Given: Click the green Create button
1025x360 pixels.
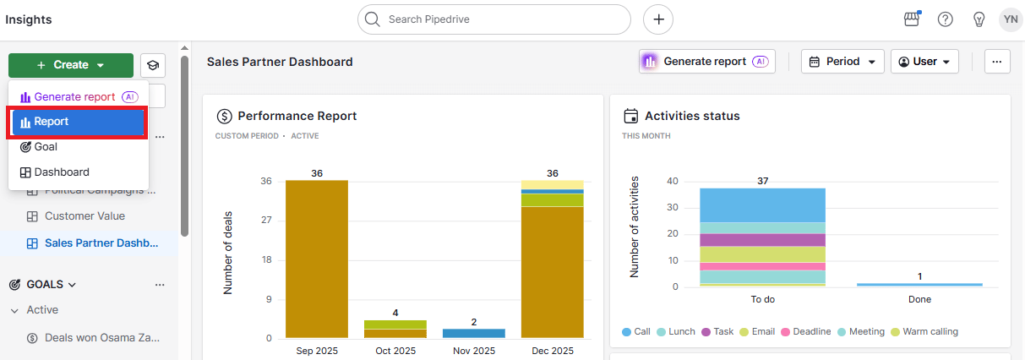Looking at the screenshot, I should pyautogui.click(x=71, y=65).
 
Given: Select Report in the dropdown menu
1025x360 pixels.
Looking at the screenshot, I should pyautogui.click(x=78, y=122).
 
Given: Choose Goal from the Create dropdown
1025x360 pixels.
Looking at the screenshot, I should pyautogui.click(x=46, y=147).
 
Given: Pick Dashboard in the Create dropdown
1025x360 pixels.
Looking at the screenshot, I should pyautogui.click(x=61, y=172).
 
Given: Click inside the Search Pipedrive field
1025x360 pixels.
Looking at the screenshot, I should pyautogui.click(x=499, y=19).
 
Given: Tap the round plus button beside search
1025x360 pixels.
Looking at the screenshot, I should pyautogui.click(x=658, y=19).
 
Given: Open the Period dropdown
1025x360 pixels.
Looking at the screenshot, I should pyautogui.click(x=842, y=62).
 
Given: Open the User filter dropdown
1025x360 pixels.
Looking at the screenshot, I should pyautogui.click(x=924, y=62).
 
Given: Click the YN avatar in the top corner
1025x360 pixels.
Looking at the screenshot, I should pyautogui.click(x=1011, y=19).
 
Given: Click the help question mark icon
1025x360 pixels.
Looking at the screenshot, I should pyautogui.click(x=946, y=19).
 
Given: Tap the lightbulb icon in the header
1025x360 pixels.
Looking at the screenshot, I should pyautogui.click(x=979, y=19).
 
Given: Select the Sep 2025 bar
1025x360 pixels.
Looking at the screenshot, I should pyautogui.click(x=316, y=259).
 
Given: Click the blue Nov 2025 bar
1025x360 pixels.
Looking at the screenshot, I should pyautogui.click(x=473, y=334).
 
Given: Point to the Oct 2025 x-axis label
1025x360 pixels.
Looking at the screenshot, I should pyautogui.click(x=395, y=351).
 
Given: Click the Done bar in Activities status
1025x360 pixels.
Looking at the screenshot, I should pyautogui.click(x=919, y=285).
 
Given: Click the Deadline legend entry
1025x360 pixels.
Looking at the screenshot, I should pyautogui.click(x=806, y=332).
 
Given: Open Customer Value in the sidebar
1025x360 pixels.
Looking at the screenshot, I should pyautogui.click(x=85, y=216).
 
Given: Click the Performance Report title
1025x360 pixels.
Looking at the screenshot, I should pyautogui.click(x=297, y=116).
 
